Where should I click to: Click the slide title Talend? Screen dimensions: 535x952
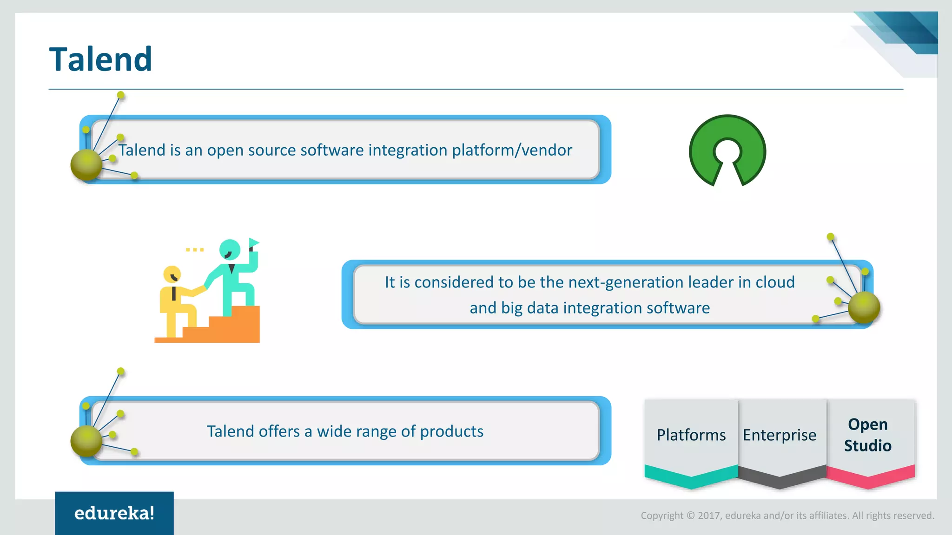pos(100,59)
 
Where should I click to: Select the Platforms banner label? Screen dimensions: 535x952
pos(691,435)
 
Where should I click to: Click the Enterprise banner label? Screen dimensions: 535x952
pos(780,435)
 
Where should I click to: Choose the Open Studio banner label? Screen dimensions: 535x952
pos(867,435)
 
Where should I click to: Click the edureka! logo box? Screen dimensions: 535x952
pos(114,513)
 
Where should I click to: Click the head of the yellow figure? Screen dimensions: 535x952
pos(172,274)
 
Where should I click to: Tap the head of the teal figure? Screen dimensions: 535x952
pos(230,249)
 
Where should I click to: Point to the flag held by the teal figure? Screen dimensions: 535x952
pos(254,242)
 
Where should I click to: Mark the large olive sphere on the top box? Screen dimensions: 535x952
pos(86,164)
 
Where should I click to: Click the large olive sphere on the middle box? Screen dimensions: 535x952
pos(864,307)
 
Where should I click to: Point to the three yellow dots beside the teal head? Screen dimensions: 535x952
pos(195,250)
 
